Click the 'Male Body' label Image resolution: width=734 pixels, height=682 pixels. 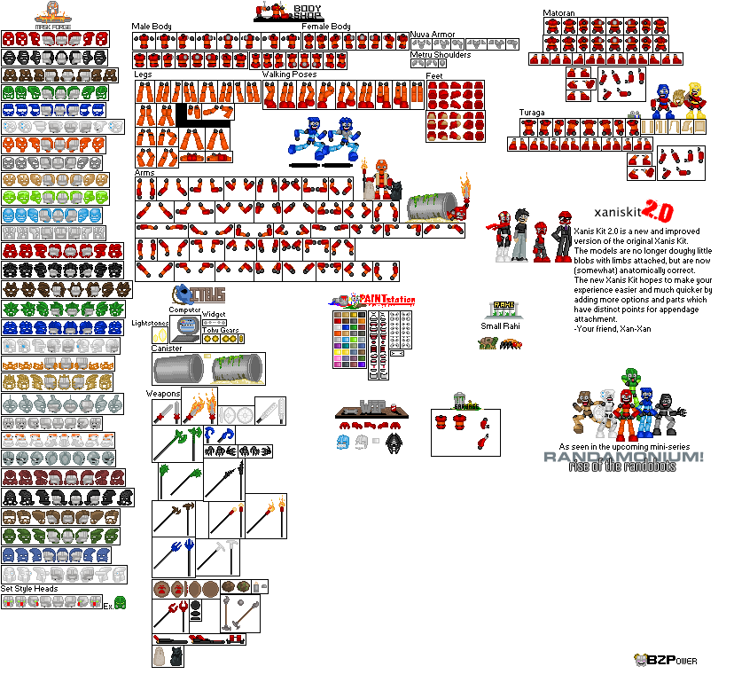(x=152, y=27)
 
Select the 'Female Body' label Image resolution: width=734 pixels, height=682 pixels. (x=326, y=27)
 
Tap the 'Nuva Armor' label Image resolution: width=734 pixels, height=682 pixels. (x=433, y=35)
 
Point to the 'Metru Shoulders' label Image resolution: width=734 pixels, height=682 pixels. (x=441, y=55)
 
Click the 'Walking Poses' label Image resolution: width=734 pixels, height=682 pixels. (x=289, y=74)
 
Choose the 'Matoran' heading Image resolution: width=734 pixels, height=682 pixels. (x=560, y=13)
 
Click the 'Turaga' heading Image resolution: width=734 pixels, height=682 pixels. (x=532, y=113)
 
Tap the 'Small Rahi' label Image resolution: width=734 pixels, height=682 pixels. (x=502, y=326)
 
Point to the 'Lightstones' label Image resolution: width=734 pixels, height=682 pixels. (x=150, y=324)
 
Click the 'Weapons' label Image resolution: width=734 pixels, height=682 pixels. (x=164, y=393)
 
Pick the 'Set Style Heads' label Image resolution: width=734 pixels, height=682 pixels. (x=29, y=589)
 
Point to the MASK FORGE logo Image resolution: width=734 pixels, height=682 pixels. (x=54, y=17)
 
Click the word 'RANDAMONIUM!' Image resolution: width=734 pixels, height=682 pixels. (x=625, y=457)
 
